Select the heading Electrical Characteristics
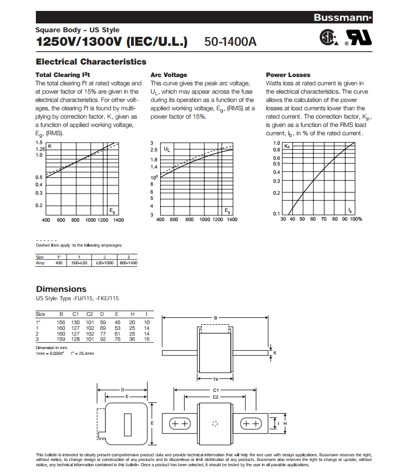click(91, 61)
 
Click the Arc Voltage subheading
click(168, 75)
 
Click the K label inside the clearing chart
click(50, 146)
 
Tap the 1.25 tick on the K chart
click(40, 149)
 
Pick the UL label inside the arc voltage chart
click(166, 149)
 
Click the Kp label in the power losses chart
click(287, 146)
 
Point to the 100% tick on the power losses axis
click(356, 219)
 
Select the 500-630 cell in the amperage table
click(79, 263)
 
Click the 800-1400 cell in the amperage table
click(128, 263)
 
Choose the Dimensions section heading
click(61, 289)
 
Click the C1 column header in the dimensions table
click(75, 314)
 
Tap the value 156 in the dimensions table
click(61, 322)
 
